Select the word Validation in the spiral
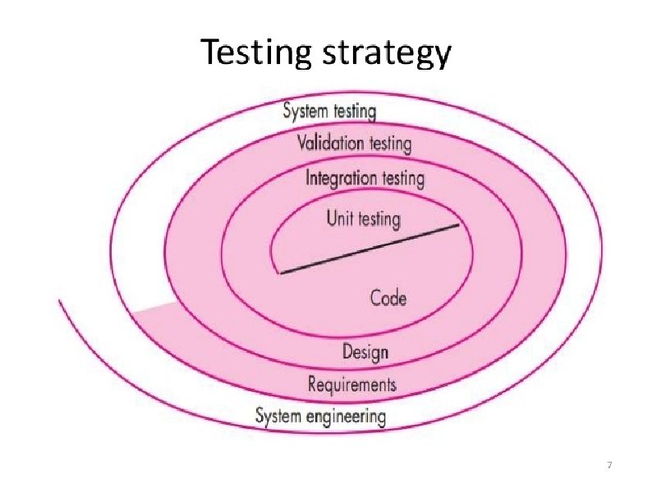click(330, 143)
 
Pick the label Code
click(388, 298)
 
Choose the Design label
click(365, 353)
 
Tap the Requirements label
click(351, 383)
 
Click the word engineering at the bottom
click(347, 416)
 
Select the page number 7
click(608, 466)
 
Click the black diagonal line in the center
click(370, 249)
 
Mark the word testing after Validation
click(388, 144)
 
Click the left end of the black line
click(281, 272)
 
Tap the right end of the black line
click(458, 226)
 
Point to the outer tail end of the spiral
click(59, 301)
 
